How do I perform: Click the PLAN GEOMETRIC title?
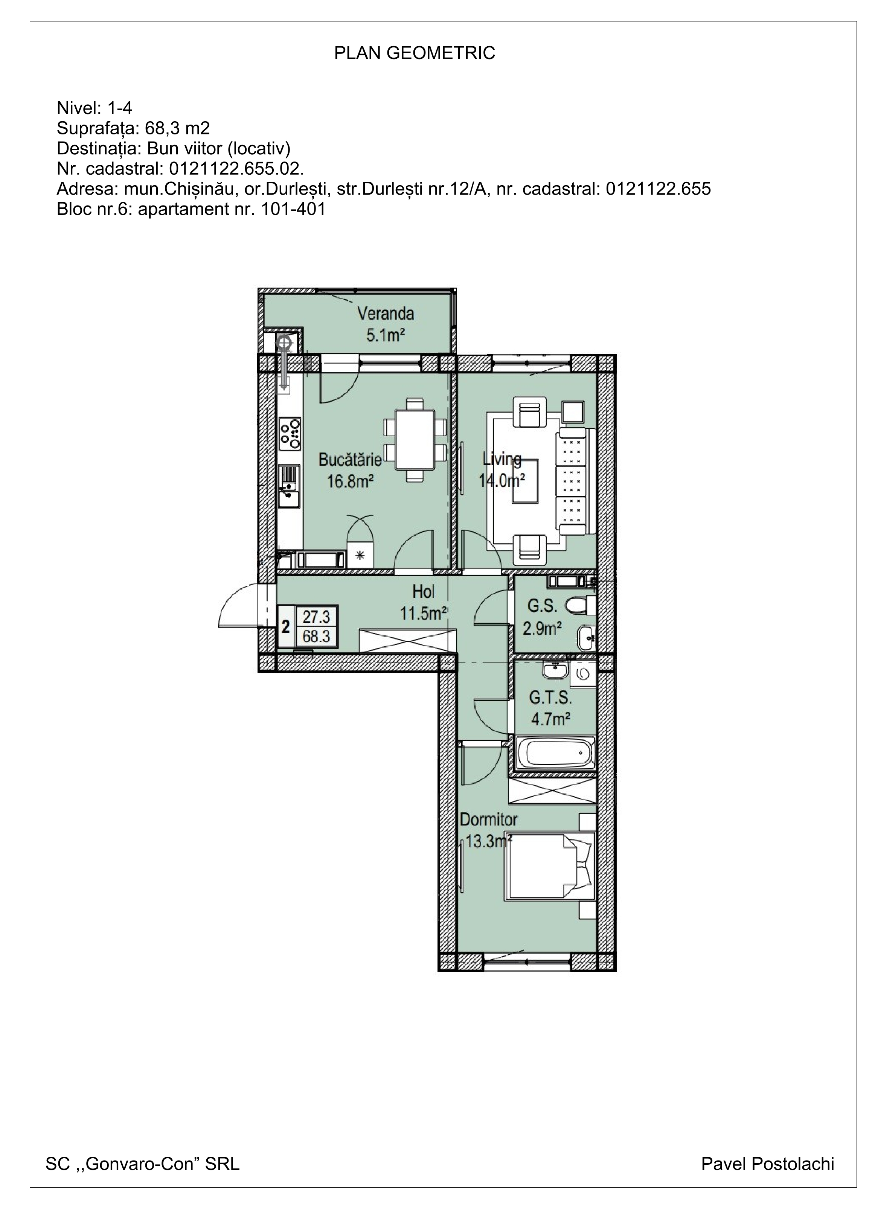point(415,53)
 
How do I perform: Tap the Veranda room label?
point(386,313)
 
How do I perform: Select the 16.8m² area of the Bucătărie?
point(350,481)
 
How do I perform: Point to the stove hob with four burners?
point(290,434)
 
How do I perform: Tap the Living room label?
point(502,459)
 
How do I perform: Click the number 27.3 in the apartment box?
point(316,617)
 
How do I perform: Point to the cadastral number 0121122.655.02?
point(236,169)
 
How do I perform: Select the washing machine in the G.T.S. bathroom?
point(582,674)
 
